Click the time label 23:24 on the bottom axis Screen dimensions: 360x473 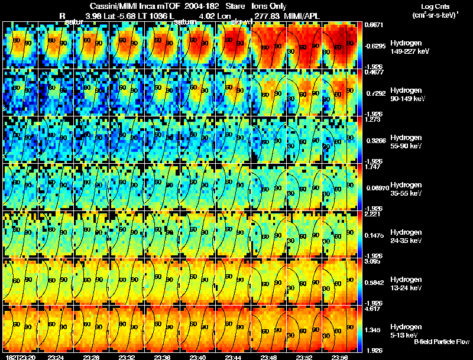click(x=56, y=357)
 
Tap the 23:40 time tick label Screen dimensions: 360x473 click(x=198, y=357)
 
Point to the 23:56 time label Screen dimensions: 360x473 click(x=339, y=357)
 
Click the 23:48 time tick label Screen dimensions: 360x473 click(x=268, y=357)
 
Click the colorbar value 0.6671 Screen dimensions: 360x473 click(x=374, y=25)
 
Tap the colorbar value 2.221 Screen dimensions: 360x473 click(x=372, y=215)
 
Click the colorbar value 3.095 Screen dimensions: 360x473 click(x=372, y=262)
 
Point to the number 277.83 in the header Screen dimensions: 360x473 click(x=267, y=15)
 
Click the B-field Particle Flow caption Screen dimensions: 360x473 click(x=441, y=342)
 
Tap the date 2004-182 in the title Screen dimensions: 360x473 click(x=202, y=6)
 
